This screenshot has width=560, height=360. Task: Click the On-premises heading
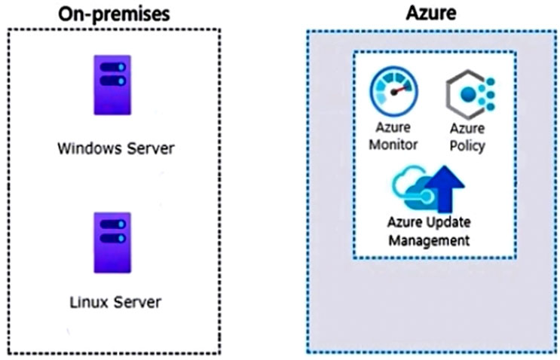click(114, 14)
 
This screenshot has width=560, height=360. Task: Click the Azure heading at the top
click(431, 13)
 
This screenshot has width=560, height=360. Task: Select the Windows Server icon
click(112, 85)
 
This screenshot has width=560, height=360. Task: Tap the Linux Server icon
click(112, 243)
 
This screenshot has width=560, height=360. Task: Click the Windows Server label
click(116, 148)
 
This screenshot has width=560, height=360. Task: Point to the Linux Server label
click(115, 303)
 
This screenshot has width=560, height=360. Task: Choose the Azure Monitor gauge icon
click(393, 91)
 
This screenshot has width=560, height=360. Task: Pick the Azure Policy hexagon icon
click(470, 95)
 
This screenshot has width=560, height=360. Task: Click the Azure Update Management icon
click(429, 188)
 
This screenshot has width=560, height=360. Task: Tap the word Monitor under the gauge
click(393, 145)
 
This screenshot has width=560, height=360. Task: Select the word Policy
click(467, 146)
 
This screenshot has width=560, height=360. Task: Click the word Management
click(429, 240)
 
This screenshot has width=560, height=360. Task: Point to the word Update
click(451, 222)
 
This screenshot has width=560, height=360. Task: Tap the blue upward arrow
click(445, 188)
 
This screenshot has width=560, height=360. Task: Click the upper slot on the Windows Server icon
click(113, 67)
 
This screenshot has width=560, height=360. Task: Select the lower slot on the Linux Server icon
click(113, 238)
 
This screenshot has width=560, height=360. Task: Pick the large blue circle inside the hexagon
click(469, 95)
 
